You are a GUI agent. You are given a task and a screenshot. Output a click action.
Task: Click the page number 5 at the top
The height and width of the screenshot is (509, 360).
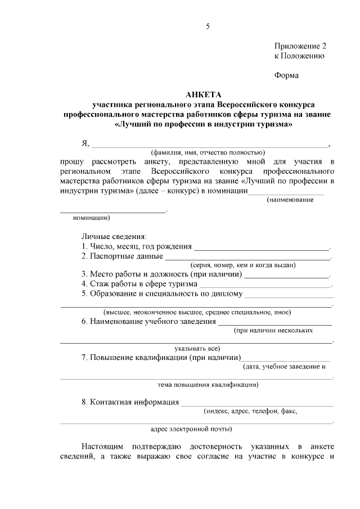(208, 26)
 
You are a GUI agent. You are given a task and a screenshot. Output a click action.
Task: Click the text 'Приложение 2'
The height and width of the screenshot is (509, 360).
(300, 46)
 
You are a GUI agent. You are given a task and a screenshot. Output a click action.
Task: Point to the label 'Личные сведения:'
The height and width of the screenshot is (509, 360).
(114, 236)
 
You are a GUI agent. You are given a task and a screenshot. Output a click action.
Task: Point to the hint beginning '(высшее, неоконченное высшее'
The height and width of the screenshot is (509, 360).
(197, 312)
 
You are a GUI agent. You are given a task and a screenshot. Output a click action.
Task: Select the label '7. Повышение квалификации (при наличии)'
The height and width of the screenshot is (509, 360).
(161, 358)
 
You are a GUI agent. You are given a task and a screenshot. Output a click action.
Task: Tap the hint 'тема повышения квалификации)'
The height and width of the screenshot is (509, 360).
(208, 385)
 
